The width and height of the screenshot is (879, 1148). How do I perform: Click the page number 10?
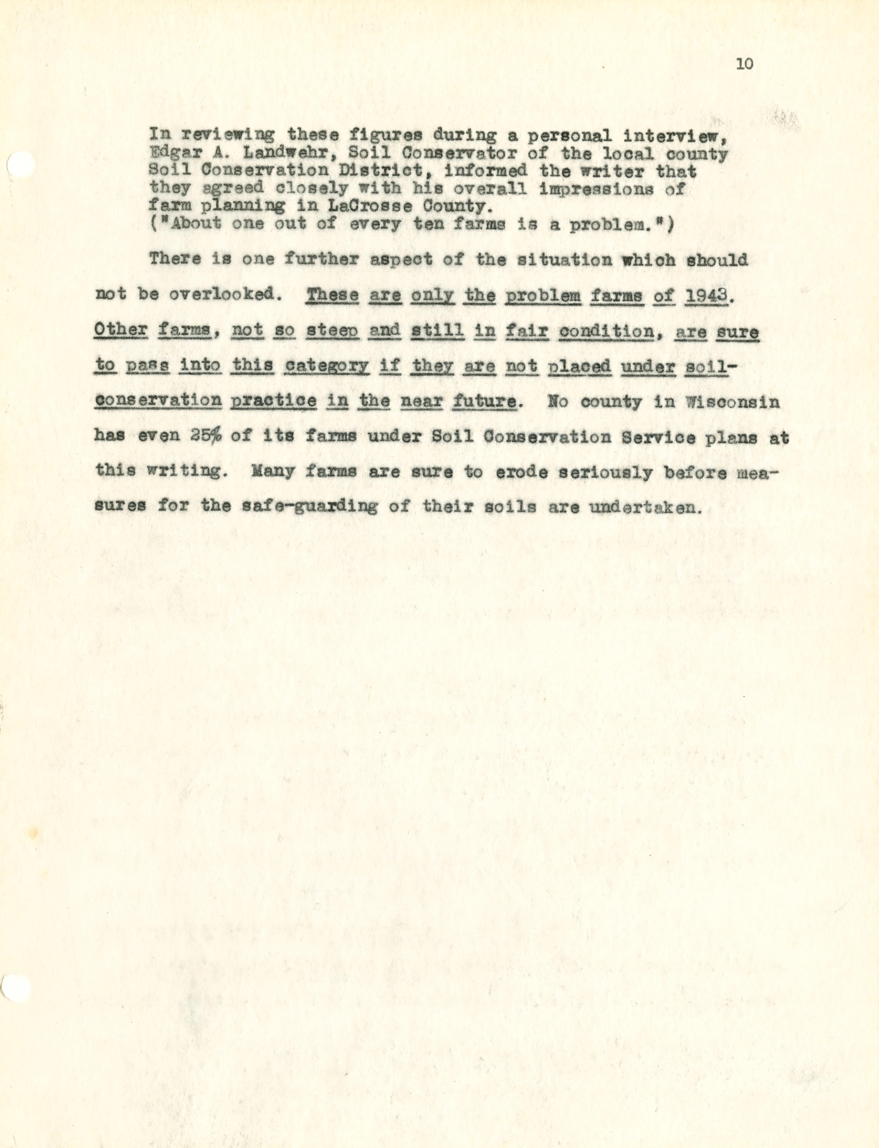[744, 64]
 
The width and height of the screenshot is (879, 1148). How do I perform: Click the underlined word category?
[326, 366]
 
